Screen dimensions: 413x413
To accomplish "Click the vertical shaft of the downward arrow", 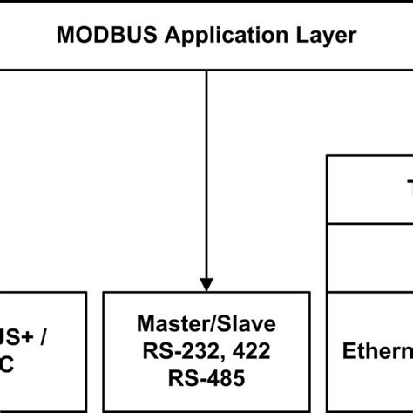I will pyautogui.click(x=206, y=174).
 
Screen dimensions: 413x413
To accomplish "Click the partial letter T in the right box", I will pyautogui.click(x=408, y=189).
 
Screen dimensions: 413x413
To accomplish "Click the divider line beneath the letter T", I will pyautogui.click(x=370, y=222).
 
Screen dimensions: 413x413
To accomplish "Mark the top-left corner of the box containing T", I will pyautogui.click(x=328, y=157).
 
